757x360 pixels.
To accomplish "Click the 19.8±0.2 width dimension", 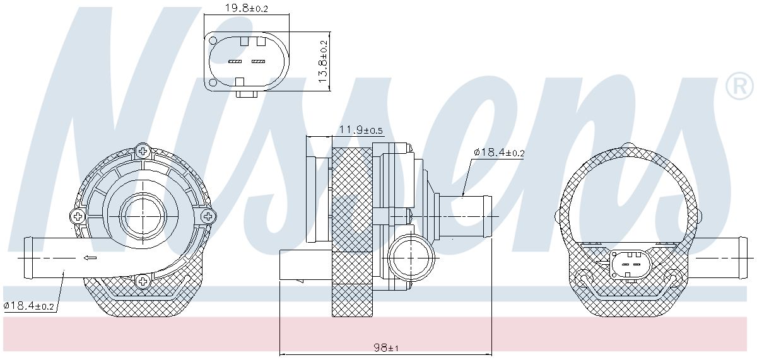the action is (x=247, y=8).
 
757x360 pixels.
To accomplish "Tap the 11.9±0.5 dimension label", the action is (x=361, y=130).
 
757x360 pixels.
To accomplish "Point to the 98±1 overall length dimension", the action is (x=386, y=347).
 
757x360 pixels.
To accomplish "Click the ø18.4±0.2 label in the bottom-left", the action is (x=29, y=306).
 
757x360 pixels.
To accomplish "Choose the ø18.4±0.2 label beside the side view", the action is (x=499, y=153).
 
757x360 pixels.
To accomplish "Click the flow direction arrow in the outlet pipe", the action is (x=90, y=258).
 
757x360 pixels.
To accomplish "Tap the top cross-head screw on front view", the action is (x=143, y=151).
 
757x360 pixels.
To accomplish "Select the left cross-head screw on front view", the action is (x=77, y=216).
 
